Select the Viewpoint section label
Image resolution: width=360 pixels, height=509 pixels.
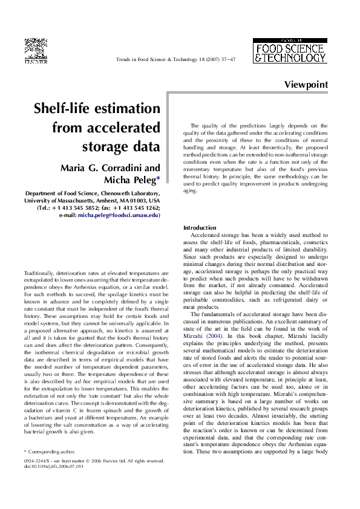click(306, 85)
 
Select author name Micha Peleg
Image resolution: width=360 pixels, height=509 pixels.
click(131, 180)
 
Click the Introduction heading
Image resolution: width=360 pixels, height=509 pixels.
click(203, 227)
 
